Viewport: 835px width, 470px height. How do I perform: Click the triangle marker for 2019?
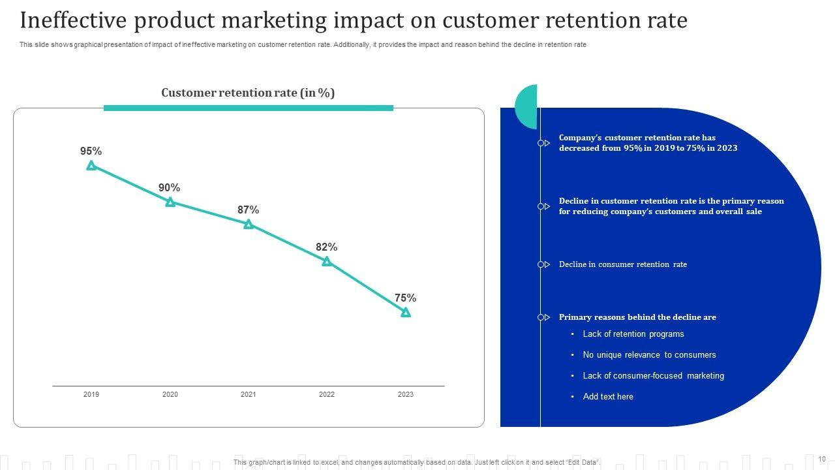pyautogui.click(x=91, y=166)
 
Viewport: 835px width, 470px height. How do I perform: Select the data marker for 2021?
pyautogui.click(x=249, y=225)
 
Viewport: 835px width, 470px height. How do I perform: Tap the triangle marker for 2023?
pyautogui.click(x=406, y=313)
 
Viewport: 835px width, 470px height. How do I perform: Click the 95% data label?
pyautogui.click(x=91, y=151)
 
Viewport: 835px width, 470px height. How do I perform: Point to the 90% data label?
pyautogui.click(x=170, y=188)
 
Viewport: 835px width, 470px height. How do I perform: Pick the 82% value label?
pyautogui.click(x=326, y=247)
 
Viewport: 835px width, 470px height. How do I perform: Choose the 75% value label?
pyautogui.click(x=405, y=298)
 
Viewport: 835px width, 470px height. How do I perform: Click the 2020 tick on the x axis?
pyautogui.click(x=170, y=394)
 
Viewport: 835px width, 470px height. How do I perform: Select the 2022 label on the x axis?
pyautogui.click(x=327, y=394)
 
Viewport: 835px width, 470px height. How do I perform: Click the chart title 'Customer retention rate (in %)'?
pyautogui.click(x=248, y=93)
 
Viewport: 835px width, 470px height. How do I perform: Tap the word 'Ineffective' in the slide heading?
pyautogui.click(x=72, y=21)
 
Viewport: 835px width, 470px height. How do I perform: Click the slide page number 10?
pyautogui.click(x=822, y=459)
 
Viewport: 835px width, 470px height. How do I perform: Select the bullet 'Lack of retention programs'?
pyautogui.click(x=633, y=334)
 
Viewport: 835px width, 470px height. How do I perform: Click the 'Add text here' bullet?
pyautogui.click(x=608, y=397)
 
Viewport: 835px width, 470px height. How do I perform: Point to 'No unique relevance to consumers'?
pyautogui.click(x=649, y=355)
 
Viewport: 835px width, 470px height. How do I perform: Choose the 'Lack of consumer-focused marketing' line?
pyautogui.click(x=653, y=376)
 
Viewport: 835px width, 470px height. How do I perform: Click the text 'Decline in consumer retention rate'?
pyautogui.click(x=622, y=264)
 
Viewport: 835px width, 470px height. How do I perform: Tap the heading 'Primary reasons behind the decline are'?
pyautogui.click(x=637, y=317)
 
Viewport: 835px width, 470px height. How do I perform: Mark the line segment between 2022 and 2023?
pyautogui.click(x=367, y=287)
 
